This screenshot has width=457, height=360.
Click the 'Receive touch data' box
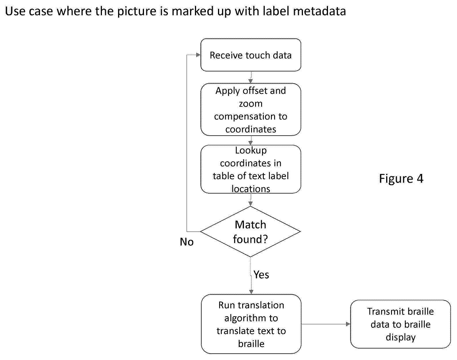(x=251, y=55)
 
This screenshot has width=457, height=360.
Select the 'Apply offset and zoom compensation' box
(x=251, y=109)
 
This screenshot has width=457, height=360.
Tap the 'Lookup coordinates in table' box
(x=251, y=169)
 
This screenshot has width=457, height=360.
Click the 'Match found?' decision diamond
(x=250, y=232)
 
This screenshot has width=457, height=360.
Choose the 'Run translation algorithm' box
(x=251, y=324)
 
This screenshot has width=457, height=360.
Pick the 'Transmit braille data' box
(x=401, y=324)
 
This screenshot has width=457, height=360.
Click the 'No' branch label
(x=187, y=242)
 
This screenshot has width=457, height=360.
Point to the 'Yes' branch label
(x=261, y=274)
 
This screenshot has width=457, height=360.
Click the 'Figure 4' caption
(x=401, y=178)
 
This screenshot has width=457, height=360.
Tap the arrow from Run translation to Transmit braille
(x=326, y=324)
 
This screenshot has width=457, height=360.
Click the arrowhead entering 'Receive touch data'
(x=198, y=55)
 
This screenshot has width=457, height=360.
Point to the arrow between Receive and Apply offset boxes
(x=251, y=77)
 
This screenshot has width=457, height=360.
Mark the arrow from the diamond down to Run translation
(x=251, y=276)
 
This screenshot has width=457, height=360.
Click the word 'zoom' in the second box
(x=251, y=104)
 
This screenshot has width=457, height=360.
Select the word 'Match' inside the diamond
(x=250, y=224)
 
